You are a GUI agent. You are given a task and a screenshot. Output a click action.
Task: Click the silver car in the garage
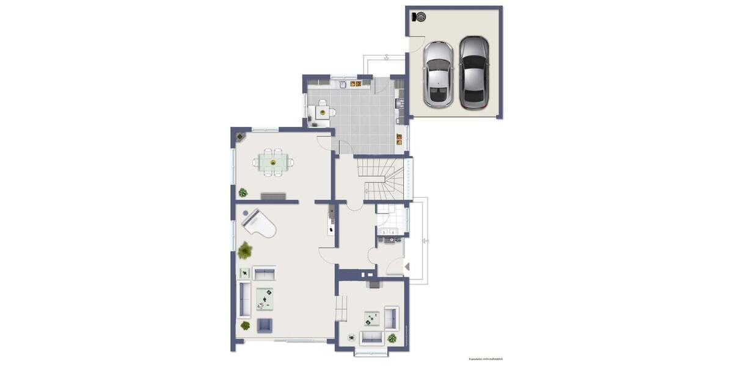(439, 74)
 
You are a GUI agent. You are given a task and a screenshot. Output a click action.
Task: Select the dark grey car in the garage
(474, 72)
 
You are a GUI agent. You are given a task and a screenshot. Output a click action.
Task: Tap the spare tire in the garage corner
(420, 16)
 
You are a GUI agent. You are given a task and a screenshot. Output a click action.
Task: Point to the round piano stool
(246, 213)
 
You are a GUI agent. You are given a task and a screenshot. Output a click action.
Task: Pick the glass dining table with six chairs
(273, 162)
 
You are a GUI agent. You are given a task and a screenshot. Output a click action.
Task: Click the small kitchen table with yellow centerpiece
(323, 112)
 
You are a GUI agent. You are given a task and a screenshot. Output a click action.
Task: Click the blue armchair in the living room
(264, 325)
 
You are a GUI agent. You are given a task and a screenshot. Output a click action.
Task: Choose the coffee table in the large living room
(264, 298)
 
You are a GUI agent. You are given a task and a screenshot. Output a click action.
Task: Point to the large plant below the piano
(246, 249)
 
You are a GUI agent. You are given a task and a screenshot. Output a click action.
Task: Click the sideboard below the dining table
(273, 196)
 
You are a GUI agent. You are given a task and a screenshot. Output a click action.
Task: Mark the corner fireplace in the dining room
(239, 135)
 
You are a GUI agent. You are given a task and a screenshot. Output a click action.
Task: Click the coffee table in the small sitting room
(371, 318)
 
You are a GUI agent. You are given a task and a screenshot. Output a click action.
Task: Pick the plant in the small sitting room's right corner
(392, 337)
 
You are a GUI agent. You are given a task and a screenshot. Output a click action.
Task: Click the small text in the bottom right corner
(486, 359)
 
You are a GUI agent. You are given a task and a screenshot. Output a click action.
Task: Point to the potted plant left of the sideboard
(243, 193)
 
